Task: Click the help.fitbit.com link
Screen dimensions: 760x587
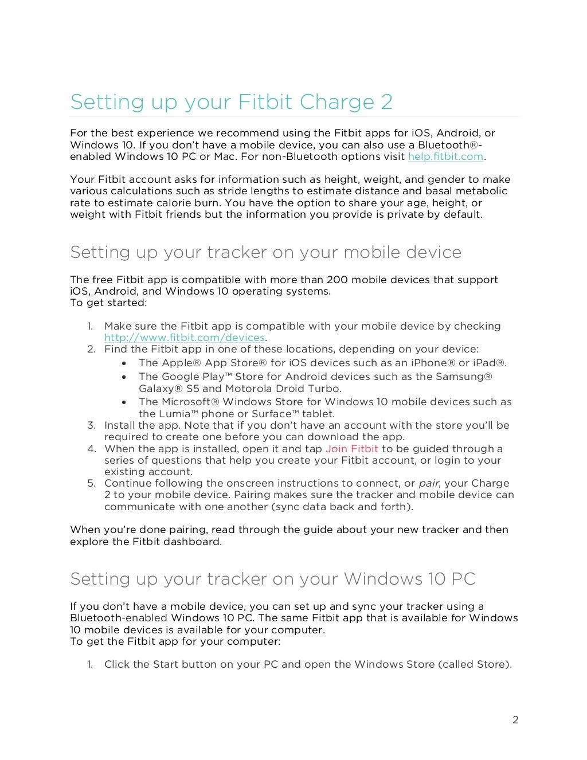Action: click(445, 156)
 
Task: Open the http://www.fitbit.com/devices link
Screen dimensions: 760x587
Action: click(184, 338)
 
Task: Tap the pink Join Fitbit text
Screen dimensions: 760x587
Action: click(351, 449)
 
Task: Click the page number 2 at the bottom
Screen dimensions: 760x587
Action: click(515, 720)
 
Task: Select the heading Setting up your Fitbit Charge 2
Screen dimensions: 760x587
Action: click(231, 102)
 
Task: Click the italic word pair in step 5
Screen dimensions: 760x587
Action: click(428, 483)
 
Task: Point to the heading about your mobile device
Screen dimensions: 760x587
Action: click(265, 252)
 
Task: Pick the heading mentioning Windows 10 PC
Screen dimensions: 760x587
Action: click(273, 579)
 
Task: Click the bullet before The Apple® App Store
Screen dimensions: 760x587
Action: click(124, 363)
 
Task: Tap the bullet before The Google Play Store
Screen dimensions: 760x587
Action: click(124, 377)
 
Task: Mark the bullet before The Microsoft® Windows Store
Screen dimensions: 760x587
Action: click(124, 402)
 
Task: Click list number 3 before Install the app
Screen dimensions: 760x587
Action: click(91, 425)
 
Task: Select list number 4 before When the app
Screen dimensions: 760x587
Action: click(91, 449)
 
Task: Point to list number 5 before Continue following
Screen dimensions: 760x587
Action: click(91, 483)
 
